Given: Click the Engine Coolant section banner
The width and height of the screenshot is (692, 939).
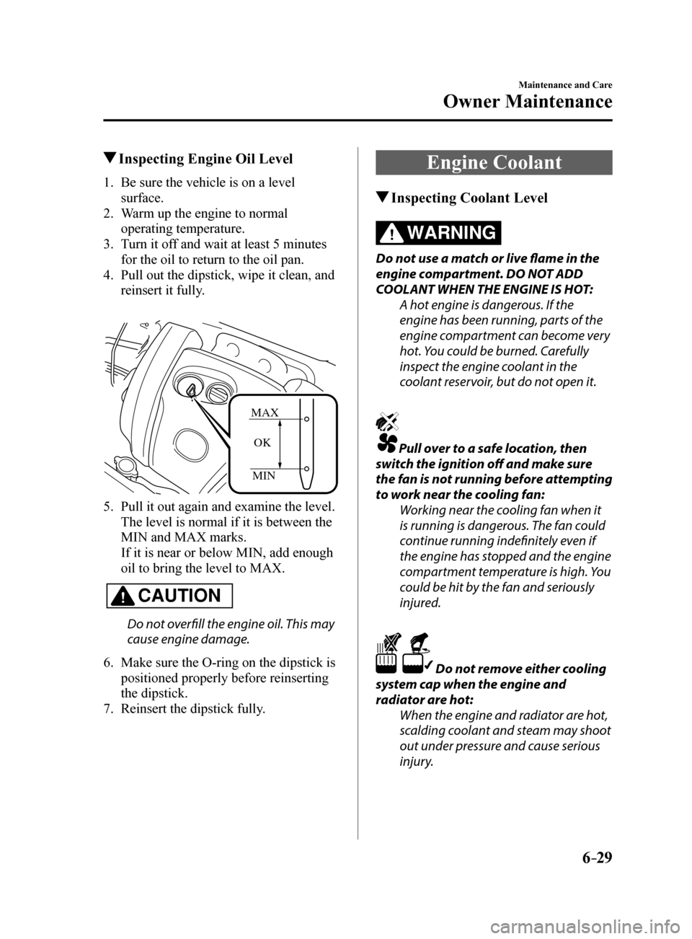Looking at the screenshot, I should (494, 162).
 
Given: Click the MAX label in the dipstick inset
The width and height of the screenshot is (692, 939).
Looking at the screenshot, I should (265, 413).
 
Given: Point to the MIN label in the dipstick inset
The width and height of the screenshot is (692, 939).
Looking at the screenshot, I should (264, 476).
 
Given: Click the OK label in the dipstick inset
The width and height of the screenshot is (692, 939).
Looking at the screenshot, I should (262, 443).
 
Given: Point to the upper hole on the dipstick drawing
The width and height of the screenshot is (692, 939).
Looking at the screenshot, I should (307, 418).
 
